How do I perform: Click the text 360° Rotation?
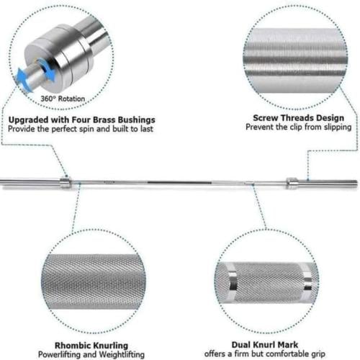coord(63,99)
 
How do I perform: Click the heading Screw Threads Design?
coord(299,118)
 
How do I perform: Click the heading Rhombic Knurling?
coord(91,346)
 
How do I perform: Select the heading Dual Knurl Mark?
coord(265,345)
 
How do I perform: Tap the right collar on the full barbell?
coord(292,183)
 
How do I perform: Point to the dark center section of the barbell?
coord(179,183)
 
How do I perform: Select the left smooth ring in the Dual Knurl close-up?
coord(233,282)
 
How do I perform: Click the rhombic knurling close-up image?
coord(94,282)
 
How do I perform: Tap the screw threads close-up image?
coord(295,60)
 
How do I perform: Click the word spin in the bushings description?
coord(87,130)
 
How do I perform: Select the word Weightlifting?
coord(122,355)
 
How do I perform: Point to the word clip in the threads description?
coord(296,127)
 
